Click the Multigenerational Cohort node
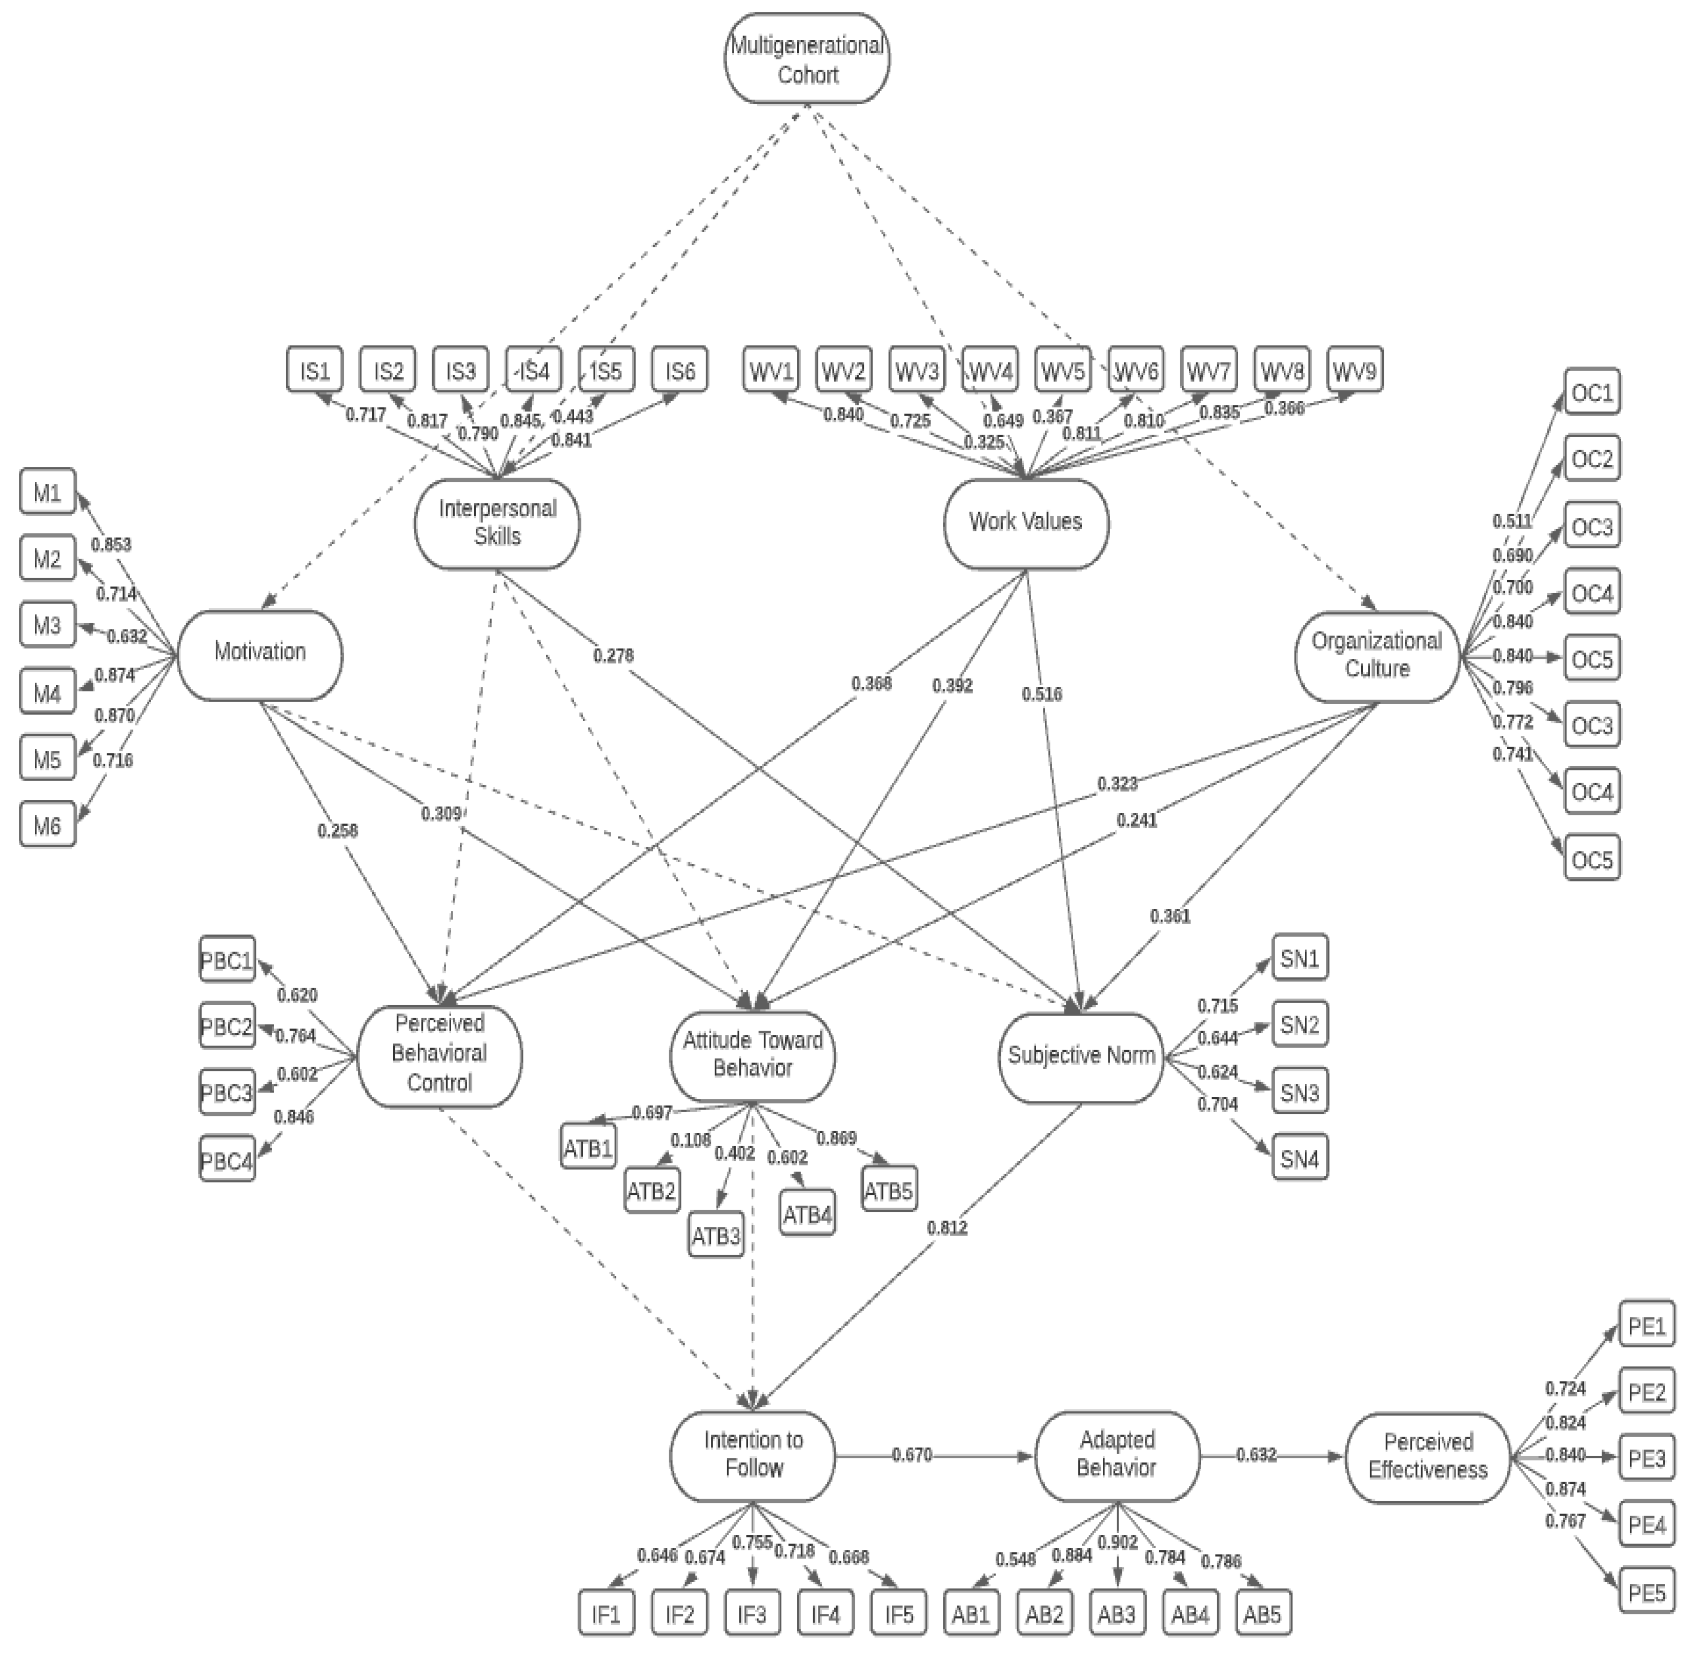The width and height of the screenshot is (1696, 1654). (x=806, y=58)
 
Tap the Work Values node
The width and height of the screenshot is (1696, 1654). (x=1025, y=522)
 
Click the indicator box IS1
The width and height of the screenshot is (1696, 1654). (x=314, y=372)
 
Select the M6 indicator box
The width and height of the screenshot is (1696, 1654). (x=47, y=825)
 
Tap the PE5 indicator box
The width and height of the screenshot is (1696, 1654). (x=1646, y=1592)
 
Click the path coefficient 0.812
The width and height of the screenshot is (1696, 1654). (x=947, y=1228)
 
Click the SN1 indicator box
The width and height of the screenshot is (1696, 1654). (x=1299, y=959)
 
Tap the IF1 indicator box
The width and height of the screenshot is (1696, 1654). (x=605, y=1614)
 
